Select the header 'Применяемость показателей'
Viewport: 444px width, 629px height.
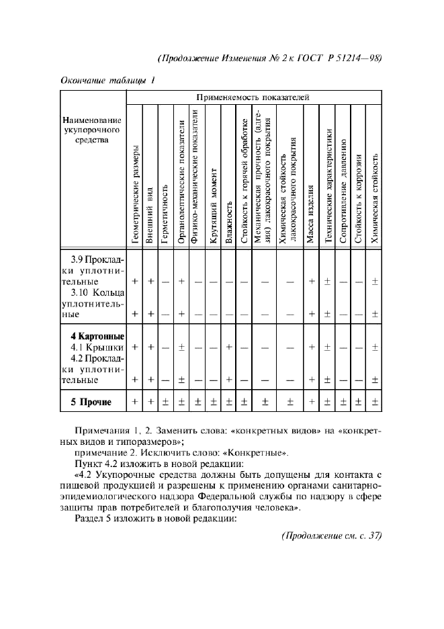coord(253,97)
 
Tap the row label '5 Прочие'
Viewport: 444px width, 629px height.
coord(91,403)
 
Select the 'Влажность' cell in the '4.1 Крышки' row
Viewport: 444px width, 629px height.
coord(229,347)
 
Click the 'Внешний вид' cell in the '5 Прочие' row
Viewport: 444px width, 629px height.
coord(150,403)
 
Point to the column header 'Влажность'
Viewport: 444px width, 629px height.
coord(229,222)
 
